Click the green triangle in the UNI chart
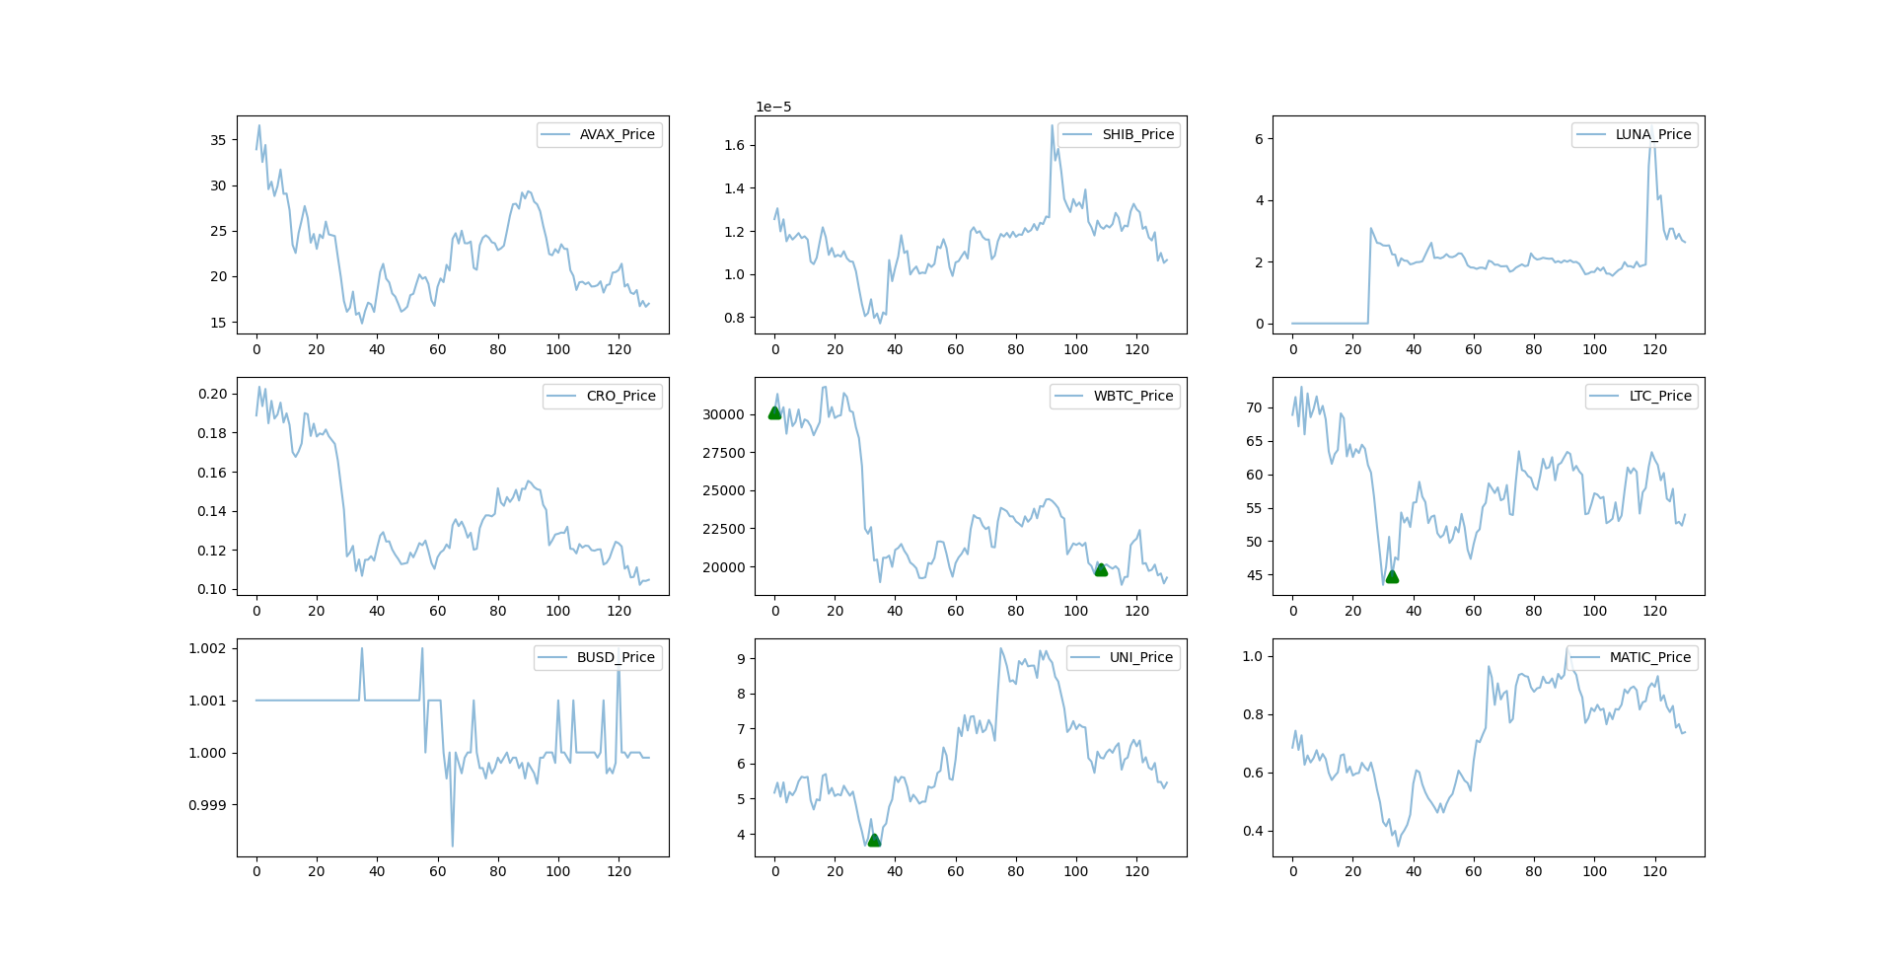pos(874,840)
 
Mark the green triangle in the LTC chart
pos(1392,576)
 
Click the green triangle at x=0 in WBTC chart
pos(774,412)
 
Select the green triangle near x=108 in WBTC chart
pos(1101,569)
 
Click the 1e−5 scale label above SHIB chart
pos(773,107)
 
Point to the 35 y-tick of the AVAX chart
pos(218,140)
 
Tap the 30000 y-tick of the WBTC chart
pos(723,414)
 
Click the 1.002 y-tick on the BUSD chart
pos(207,648)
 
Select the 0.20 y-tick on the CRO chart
pos(212,394)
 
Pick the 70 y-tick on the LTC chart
pos(1254,407)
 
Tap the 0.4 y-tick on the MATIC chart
pos(1253,831)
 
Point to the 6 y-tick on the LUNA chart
pos(1259,139)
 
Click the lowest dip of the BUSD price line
pos(453,846)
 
